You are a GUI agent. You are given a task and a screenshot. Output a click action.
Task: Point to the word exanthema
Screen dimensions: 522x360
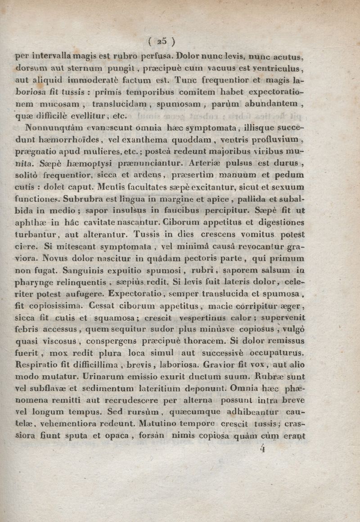pyautogui.click(x=163, y=139)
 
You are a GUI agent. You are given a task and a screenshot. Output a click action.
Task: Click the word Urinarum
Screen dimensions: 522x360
pyautogui.click(x=105, y=376)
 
